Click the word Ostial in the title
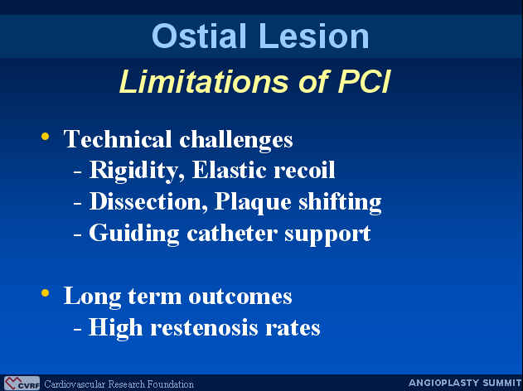[x=199, y=36]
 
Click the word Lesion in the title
[x=313, y=36]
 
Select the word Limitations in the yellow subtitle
[x=203, y=81]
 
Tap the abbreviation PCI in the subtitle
[x=364, y=81]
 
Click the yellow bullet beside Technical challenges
[x=45, y=136]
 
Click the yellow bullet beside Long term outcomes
[x=45, y=292]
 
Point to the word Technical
[x=118, y=138]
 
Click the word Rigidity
[x=137, y=171]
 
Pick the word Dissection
[x=148, y=201]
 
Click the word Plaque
[x=253, y=203]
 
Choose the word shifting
[x=340, y=203]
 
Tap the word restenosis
[x=204, y=328]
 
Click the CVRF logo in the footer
[x=22, y=384]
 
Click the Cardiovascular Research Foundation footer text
[x=119, y=384]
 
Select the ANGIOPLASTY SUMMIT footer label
[x=465, y=383]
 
